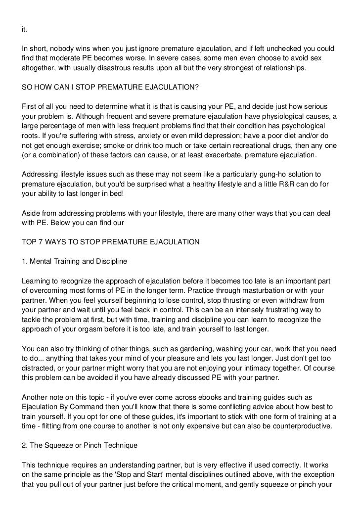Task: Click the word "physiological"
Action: pyautogui.click(x=275, y=116)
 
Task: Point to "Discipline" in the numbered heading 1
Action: pyautogui.click(x=110, y=261)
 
